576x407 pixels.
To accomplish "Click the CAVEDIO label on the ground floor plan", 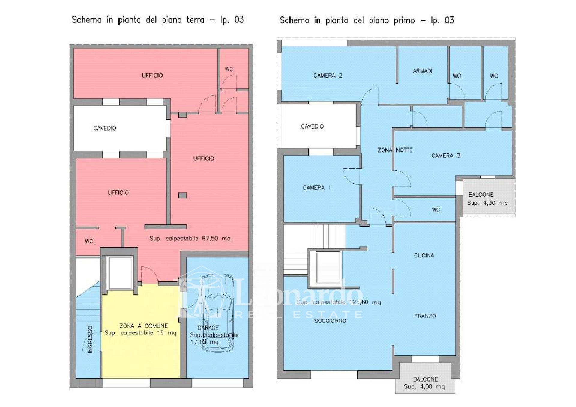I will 104,128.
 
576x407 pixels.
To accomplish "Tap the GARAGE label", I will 208,328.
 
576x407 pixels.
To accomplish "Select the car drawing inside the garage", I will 217,312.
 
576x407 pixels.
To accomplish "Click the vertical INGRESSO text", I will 90,340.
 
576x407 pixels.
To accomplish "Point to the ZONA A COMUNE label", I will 144,326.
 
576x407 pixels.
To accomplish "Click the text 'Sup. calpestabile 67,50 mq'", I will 190,239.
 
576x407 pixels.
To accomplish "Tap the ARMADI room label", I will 422,71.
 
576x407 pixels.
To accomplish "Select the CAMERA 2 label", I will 328,76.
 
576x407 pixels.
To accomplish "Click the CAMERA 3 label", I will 445,156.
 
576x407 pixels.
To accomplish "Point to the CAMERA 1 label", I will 316,188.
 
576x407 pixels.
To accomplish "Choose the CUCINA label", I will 424,255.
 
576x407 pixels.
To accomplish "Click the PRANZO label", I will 425,316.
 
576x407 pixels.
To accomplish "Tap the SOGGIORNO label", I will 330,321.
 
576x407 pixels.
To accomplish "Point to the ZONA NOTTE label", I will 395,150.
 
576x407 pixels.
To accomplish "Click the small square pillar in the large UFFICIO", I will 182,195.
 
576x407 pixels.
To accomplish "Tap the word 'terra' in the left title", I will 195,20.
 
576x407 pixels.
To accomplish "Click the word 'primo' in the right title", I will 405,21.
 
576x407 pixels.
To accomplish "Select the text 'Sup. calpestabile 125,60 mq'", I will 338,302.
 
